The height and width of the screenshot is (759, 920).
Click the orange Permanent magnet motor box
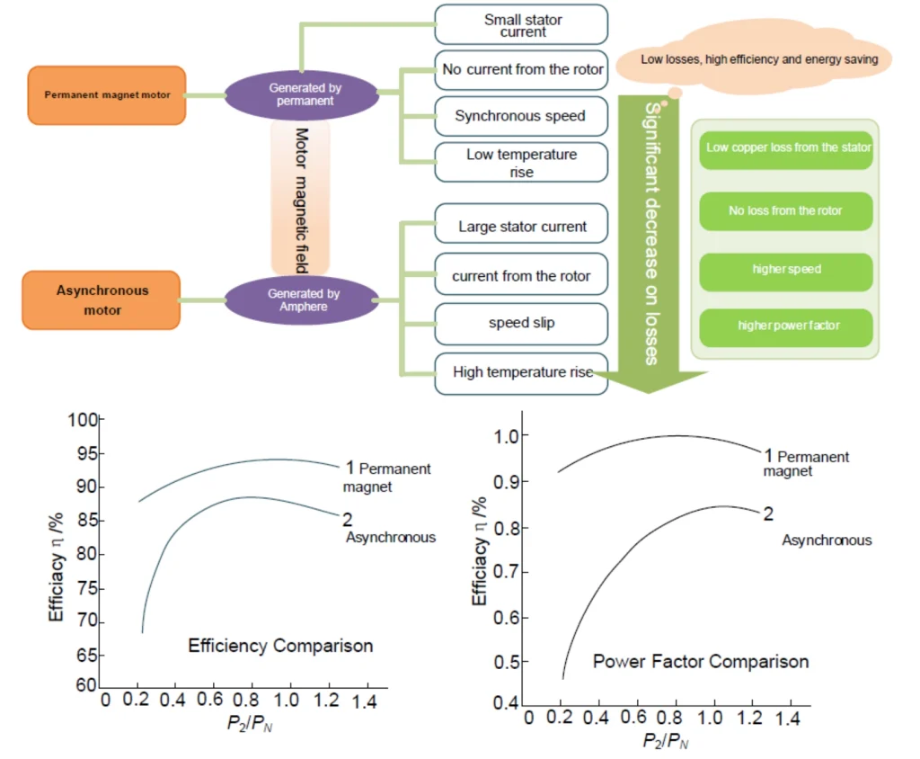pos(107,94)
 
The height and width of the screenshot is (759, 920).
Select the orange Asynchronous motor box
pos(102,300)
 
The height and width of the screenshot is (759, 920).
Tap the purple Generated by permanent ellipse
pos(301,94)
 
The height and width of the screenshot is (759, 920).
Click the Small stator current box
pos(521,25)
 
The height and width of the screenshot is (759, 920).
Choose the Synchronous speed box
pos(521,116)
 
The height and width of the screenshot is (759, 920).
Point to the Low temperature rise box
pos(521,163)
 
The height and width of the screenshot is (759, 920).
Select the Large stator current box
pos(521,227)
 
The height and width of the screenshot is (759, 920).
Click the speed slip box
pos(521,323)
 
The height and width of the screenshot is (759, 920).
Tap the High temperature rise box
pos(521,371)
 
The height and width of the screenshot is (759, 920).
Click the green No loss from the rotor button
pos(785,211)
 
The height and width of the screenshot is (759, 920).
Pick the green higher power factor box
pos(785,326)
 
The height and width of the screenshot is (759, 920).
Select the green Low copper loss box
pos(785,147)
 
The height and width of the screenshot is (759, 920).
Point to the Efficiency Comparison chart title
pos(280,646)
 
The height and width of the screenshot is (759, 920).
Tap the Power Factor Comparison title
pos(701,662)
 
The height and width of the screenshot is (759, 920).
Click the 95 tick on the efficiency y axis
pos(85,454)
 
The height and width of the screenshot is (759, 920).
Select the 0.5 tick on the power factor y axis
pos(509,663)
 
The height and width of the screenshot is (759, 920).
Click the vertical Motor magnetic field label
pos(301,198)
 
